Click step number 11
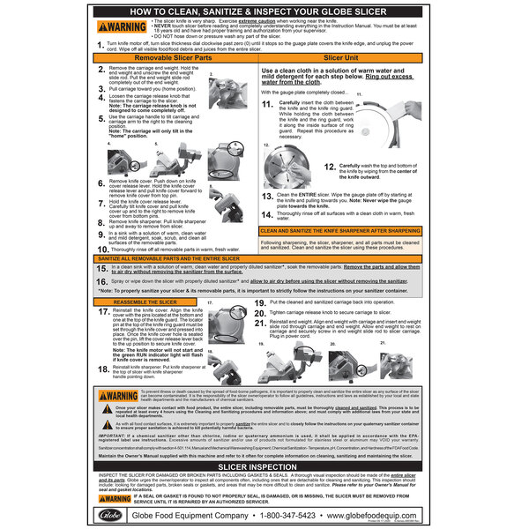click(267, 104)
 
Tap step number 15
click(102, 265)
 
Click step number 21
click(261, 323)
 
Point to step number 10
click(102, 250)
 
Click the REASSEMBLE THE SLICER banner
click(145, 302)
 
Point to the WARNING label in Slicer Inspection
click(115, 498)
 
